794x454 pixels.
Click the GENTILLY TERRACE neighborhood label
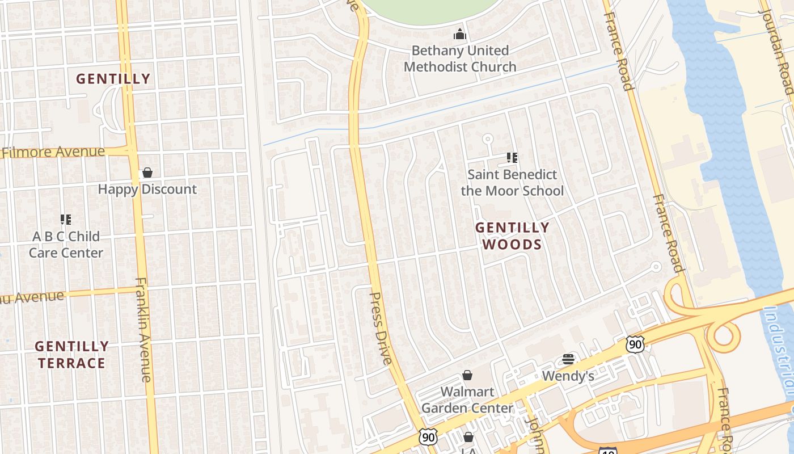pos(71,355)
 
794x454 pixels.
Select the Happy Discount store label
pos(147,189)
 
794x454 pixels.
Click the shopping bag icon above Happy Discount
pos(147,172)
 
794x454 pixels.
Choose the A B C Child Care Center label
pos(66,245)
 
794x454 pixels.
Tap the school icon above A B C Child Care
pos(66,220)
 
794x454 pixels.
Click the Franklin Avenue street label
pos(143,329)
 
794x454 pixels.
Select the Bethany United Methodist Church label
pos(460,58)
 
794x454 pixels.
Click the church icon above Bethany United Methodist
pos(460,35)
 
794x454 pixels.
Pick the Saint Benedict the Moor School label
pos(512,182)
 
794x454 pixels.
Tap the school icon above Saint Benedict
pos(512,158)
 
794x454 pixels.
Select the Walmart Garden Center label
pos(467,400)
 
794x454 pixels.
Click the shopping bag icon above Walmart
pos(467,375)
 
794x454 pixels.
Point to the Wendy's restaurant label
pos(568,376)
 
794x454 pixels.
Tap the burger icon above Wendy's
pos(568,359)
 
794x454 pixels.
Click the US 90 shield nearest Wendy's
pos(636,344)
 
